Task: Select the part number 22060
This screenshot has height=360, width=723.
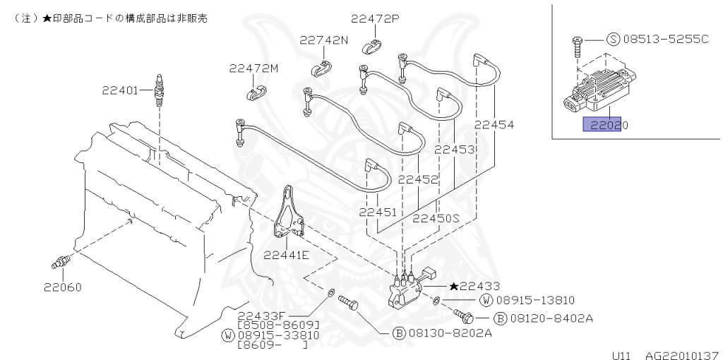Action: pos(62,287)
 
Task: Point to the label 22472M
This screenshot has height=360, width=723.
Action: pos(253,68)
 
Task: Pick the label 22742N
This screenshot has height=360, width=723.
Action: pos(323,40)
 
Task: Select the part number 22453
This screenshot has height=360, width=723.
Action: pos(454,150)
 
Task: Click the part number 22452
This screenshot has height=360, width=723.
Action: pos(418,179)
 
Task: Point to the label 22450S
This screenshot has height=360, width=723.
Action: pos(436,218)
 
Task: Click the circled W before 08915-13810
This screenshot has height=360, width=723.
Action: pos(486,300)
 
